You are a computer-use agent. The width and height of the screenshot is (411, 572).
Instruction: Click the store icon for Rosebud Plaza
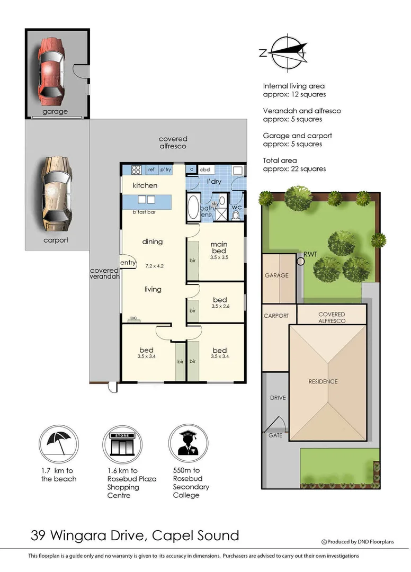click(x=121, y=445)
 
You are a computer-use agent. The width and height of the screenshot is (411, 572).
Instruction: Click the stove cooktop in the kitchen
click(x=136, y=170)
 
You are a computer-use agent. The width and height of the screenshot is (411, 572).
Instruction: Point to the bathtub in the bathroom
click(x=192, y=209)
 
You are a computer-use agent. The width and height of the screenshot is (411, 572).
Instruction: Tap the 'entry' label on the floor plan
click(x=128, y=263)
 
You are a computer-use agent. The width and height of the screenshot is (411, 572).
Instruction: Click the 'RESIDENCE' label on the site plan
click(x=323, y=381)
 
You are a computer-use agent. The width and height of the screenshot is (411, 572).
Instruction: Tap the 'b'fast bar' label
click(x=144, y=212)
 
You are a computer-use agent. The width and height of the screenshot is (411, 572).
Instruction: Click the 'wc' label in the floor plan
click(x=236, y=207)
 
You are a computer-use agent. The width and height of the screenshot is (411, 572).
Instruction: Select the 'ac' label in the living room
click(x=133, y=318)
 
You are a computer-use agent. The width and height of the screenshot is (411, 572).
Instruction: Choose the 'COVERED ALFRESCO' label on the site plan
click(x=332, y=318)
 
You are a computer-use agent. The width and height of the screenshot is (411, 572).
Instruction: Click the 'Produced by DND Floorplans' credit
click(x=365, y=541)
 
